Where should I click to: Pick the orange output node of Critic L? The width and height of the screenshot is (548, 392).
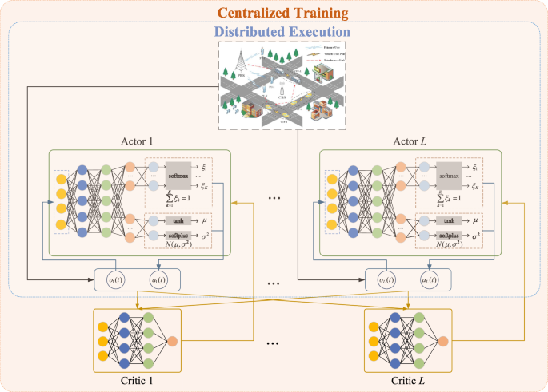click(443, 341)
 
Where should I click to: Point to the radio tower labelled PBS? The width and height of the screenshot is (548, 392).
click(241, 63)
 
